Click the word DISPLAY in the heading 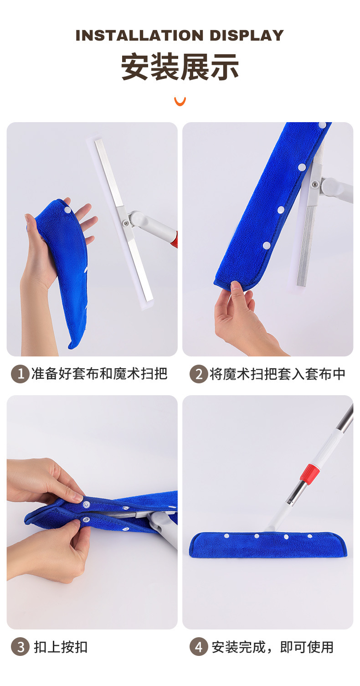click(x=247, y=36)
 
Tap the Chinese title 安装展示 click(x=180, y=67)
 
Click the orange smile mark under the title click(x=180, y=101)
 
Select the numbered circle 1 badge click(x=20, y=374)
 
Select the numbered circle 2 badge click(x=198, y=374)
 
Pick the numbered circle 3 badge click(x=20, y=647)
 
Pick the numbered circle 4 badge click(x=198, y=647)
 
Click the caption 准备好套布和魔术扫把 click(x=99, y=374)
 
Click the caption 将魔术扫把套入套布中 click(x=277, y=374)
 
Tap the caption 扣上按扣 click(x=61, y=647)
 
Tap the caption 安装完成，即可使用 click(x=273, y=647)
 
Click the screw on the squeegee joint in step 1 click(x=125, y=223)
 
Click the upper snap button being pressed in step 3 click(x=86, y=505)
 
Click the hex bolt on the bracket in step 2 click(x=314, y=184)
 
